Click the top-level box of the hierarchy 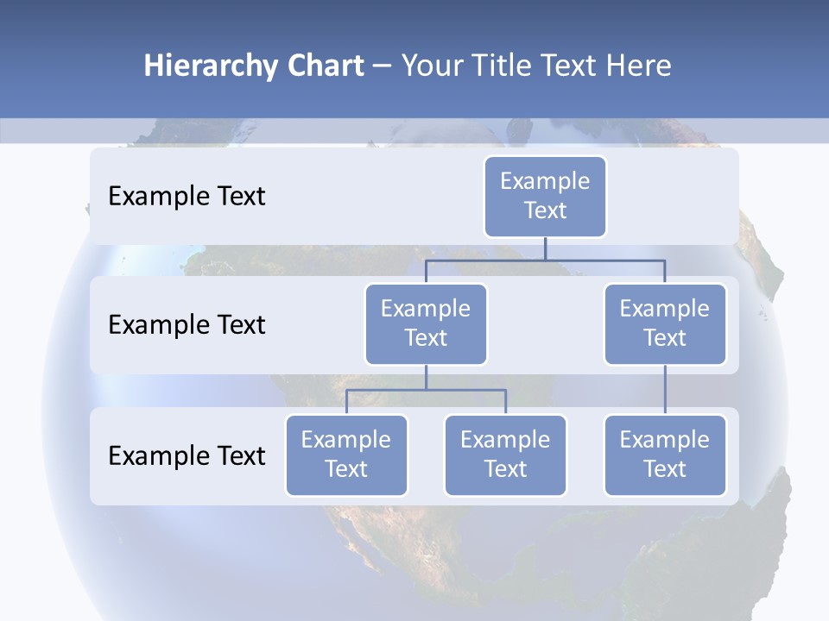click(545, 196)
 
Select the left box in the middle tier click(426, 323)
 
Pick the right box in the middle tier click(665, 323)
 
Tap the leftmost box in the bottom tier click(346, 455)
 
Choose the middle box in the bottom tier click(505, 455)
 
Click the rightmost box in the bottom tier click(665, 455)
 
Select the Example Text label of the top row click(187, 196)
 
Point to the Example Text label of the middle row click(187, 324)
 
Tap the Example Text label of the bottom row click(187, 455)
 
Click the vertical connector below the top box click(545, 248)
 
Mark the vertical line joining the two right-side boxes click(665, 390)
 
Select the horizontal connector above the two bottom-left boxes click(426, 390)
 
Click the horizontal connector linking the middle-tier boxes click(545, 259)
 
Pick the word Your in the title click(432, 66)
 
